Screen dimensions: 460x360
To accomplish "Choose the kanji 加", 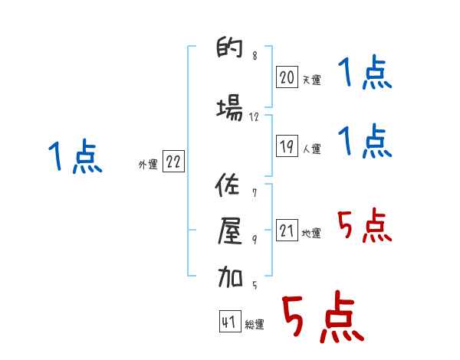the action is [x=230, y=277].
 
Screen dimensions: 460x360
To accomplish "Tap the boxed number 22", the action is [x=173, y=162].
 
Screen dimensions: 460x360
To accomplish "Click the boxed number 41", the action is [x=229, y=322].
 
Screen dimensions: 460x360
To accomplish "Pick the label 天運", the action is [x=310, y=80].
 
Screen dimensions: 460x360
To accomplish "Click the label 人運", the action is [x=310, y=149].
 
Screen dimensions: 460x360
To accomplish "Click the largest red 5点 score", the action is [x=322, y=317].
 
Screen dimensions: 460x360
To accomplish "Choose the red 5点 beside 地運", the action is [x=364, y=226].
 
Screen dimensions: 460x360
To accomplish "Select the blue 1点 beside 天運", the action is [x=364, y=75].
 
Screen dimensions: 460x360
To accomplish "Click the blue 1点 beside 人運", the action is [x=364, y=142].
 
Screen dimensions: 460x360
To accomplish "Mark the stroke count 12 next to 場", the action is [x=255, y=116].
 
